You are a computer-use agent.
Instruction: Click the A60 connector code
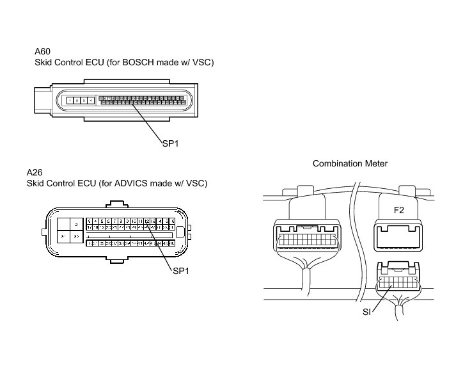[x=43, y=51]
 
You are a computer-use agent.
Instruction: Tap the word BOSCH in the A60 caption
[x=137, y=62]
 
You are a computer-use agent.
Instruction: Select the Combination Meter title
[x=350, y=164]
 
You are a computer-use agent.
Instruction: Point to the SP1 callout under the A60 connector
[x=170, y=143]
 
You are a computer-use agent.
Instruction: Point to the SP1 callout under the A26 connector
[x=182, y=271]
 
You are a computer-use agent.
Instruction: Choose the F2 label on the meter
[x=398, y=208]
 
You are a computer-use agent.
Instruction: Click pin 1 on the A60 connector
[x=70, y=101]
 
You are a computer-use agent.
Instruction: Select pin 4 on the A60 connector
[x=91, y=101]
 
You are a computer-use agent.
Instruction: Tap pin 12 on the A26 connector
[x=146, y=221]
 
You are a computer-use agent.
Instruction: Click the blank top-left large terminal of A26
[x=65, y=223]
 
